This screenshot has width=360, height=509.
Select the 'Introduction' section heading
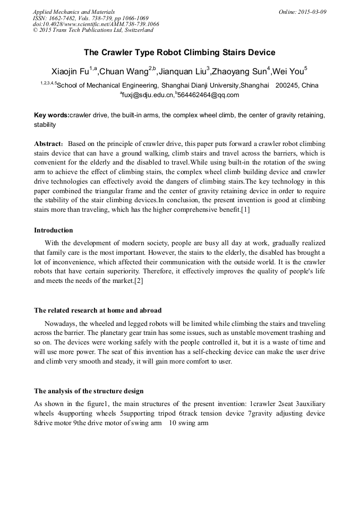coord(54,230)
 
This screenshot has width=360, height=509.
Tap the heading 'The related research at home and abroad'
coord(98,310)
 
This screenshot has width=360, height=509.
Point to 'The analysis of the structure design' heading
coord(89,391)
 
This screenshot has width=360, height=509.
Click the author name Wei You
coord(288,72)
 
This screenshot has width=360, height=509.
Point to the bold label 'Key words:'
coord(52,115)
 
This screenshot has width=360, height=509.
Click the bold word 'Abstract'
coord(48,144)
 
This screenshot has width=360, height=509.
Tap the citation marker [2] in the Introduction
coord(139,280)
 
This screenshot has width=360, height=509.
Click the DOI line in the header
coord(96,24)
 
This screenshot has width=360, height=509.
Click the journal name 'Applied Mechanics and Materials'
coord(73,12)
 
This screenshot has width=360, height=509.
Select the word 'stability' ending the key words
coord(45,125)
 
